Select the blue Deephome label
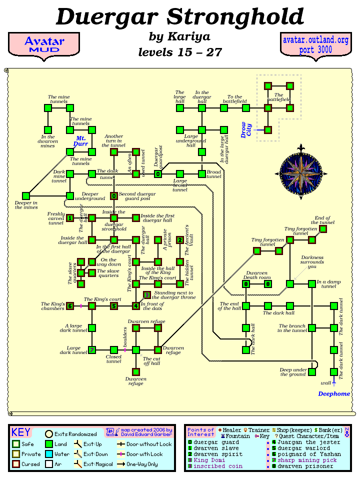(334, 393)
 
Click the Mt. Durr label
(81, 140)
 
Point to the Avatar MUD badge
(44, 44)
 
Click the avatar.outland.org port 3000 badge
(315, 44)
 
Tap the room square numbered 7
(92, 349)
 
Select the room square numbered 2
(180, 240)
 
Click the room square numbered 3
(147, 295)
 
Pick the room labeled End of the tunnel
(323, 229)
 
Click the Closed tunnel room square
(114, 349)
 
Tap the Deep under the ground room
(312, 371)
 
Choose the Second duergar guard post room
(114, 196)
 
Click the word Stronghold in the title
(236, 17)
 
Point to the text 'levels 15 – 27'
(180, 52)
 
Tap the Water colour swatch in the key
(49, 454)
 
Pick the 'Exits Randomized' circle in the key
(49, 434)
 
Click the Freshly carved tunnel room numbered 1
(70, 218)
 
